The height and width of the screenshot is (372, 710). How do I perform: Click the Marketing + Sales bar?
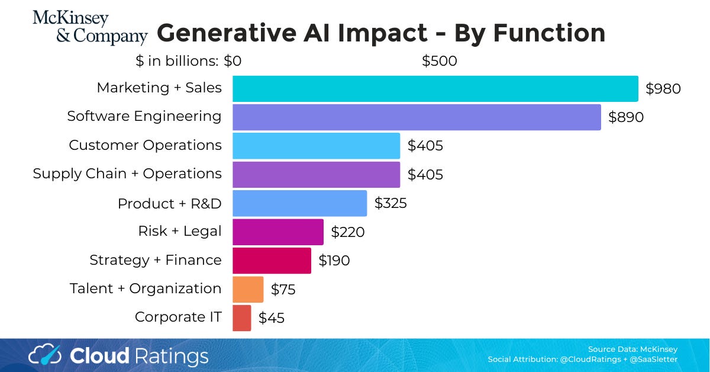[x=435, y=89]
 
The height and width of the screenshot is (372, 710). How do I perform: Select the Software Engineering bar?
[x=417, y=117]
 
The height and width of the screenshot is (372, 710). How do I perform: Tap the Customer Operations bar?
[x=316, y=146]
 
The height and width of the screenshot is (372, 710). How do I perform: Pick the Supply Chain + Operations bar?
[x=316, y=174]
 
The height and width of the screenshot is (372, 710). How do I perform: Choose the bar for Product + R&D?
[x=299, y=203]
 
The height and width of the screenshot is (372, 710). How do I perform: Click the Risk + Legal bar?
[x=278, y=232]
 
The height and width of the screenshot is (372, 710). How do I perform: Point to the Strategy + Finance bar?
[x=272, y=260]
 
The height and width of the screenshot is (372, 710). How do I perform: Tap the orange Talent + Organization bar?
[x=248, y=289]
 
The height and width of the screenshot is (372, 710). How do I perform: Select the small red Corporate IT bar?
[x=241, y=318]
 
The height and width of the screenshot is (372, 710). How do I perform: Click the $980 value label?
[x=663, y=89]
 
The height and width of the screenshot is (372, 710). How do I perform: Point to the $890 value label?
[x=626, y=117]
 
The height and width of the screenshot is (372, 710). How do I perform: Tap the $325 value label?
[x=390, y=203]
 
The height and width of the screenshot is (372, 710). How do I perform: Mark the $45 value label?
[x=272, y=318]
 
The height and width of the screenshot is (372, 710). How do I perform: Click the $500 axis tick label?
[x=439, y=61]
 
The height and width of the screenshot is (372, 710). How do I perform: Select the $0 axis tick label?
[x=233, y=61]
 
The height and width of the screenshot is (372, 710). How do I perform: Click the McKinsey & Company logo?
[x=89, y=28]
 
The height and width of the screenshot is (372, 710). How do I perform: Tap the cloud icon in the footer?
[x=45, y=355]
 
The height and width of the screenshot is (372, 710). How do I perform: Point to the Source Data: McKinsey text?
[x=632, y=349]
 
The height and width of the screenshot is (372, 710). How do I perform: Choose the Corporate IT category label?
[x=178, y=317]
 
